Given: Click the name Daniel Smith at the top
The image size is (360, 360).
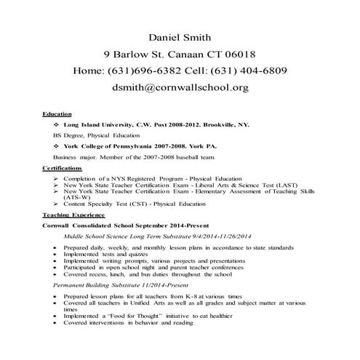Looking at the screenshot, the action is click(180, 36).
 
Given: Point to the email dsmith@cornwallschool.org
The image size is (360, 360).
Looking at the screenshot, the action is click(180, 88).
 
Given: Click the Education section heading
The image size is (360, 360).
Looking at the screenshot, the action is click(57, 114).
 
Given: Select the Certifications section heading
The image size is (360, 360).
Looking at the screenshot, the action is click(62, 168).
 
